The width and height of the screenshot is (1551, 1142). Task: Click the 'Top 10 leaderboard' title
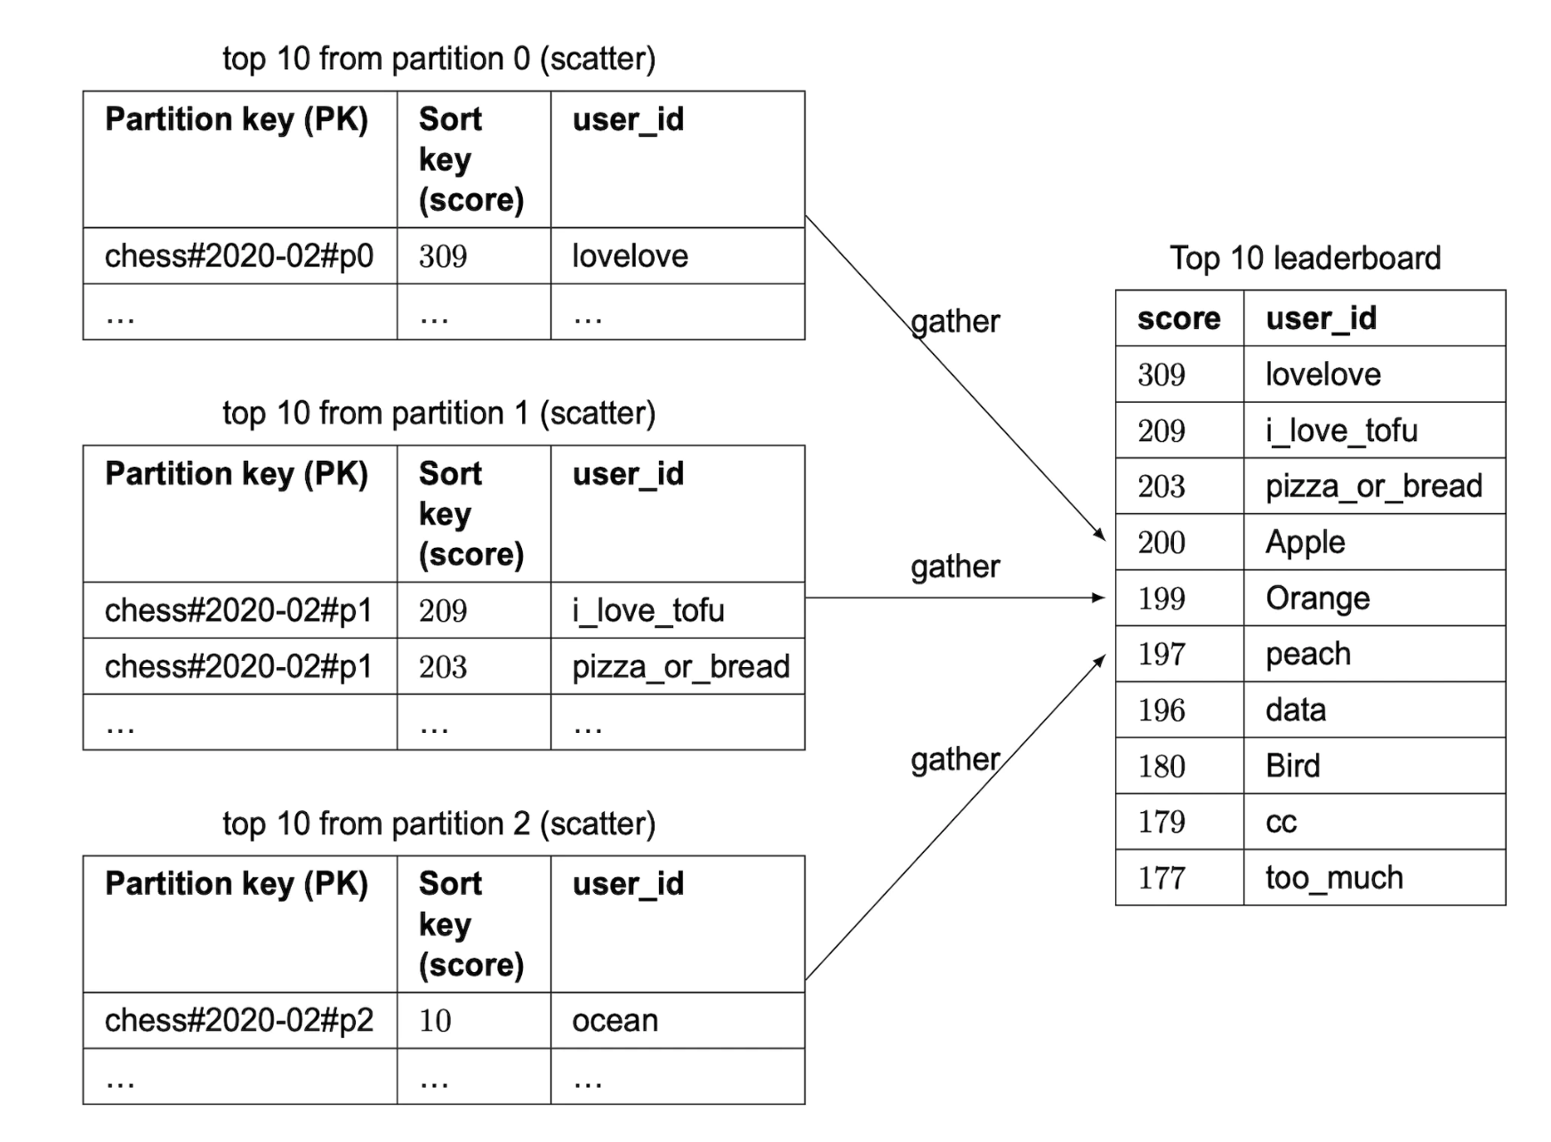pos(1305,258)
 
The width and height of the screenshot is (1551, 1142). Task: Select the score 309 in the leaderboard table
pos(1161,374)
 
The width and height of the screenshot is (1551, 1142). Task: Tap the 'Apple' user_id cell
pos(1305,542)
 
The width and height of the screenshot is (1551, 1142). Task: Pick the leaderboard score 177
pos(1161,878)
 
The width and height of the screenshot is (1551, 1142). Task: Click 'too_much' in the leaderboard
pos(1334,878)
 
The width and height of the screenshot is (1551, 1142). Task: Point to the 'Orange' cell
pos(1317,599)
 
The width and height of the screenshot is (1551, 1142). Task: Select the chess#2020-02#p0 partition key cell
pos(238,256)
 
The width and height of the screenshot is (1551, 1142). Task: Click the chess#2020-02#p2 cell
pos(238,1020)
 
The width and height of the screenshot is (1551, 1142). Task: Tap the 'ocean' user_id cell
pos(615,1020)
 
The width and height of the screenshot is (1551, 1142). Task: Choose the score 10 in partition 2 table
pos(435,1020)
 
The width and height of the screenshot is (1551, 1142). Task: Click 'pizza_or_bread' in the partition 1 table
pos(680,667)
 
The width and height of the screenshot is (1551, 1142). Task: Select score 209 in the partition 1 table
pos(443,611)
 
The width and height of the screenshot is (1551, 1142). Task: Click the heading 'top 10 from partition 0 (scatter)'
pos(438,59)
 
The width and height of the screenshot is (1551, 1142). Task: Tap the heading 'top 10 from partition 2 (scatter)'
pos(438,824)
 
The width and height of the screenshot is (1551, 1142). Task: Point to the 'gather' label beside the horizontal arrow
pos(955,567)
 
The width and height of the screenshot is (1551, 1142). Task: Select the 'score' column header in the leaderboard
pos(1178,318)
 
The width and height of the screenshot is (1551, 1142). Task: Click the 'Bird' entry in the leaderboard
pos(1292,766)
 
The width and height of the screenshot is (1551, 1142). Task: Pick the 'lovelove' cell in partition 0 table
pos(630,256)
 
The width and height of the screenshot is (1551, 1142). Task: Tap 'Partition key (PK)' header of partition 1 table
pos(237,474)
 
